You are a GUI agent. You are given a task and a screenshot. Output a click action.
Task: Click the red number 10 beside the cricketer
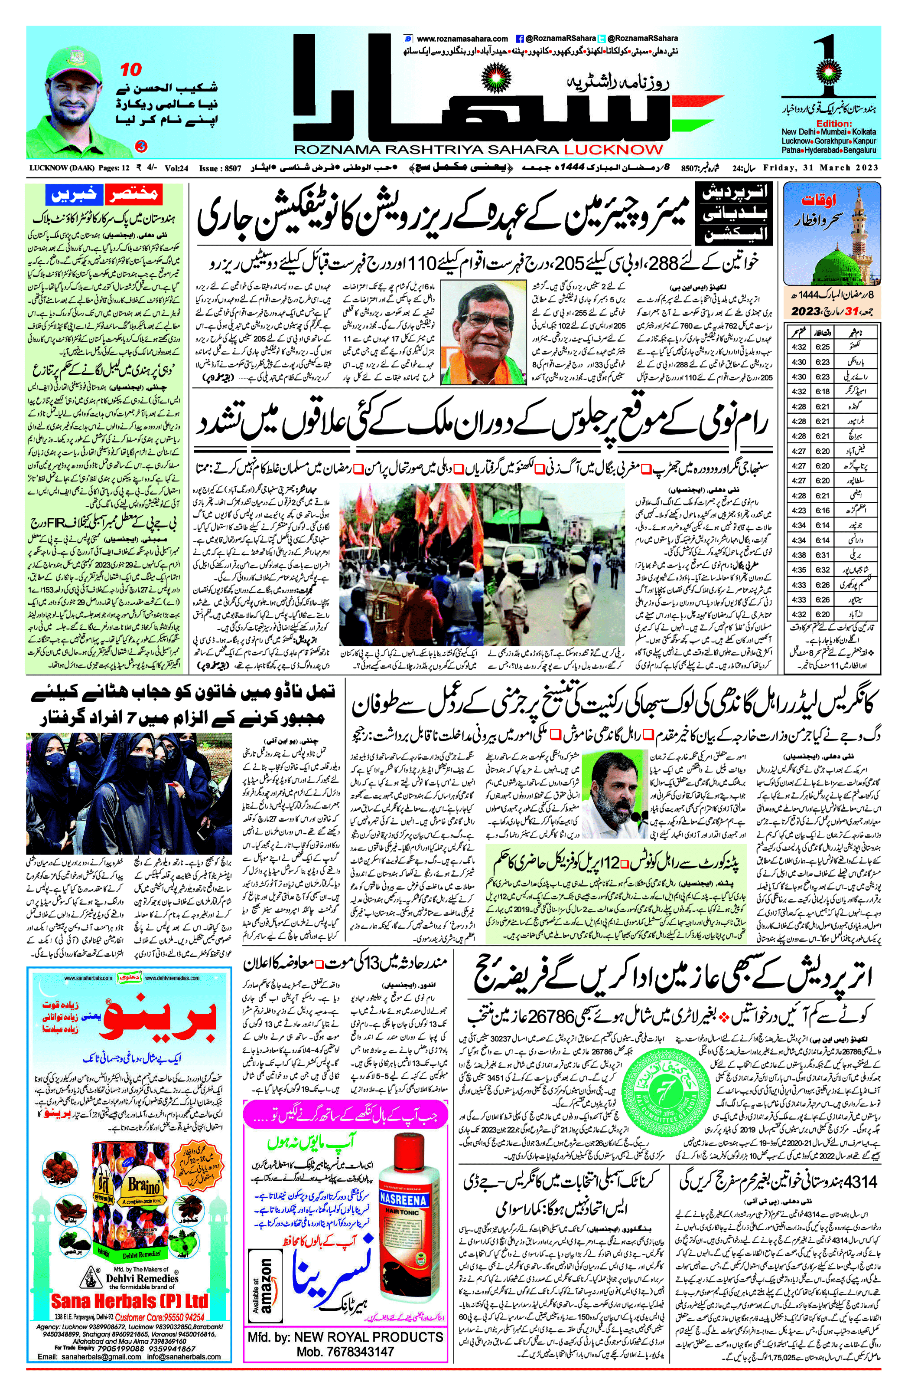click(131, 70)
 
